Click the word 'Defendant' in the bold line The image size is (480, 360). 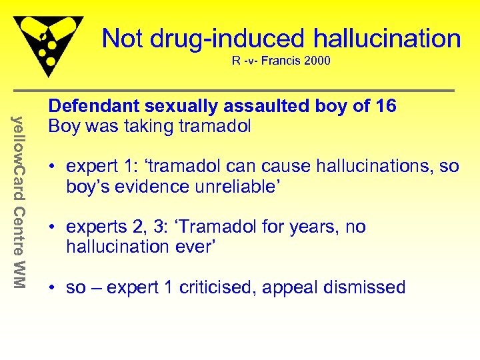coord(89,106)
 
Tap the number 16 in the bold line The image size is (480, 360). coord(385,106)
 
